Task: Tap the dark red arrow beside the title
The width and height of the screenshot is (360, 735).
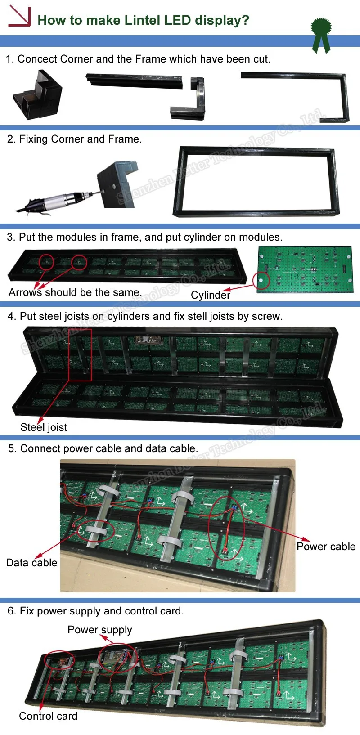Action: pos(19,17)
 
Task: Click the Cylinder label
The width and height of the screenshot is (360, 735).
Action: pos(210,295)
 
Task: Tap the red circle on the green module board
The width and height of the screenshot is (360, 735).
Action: pos(261,281)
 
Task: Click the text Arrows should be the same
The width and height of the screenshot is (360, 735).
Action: pos(75,292)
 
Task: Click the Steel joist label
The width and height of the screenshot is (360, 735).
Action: pos(44,427)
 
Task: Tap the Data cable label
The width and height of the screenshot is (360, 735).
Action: pos(31,563)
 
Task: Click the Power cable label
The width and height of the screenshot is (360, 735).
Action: pos(326,547)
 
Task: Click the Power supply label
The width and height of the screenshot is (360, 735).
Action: pos(100,630)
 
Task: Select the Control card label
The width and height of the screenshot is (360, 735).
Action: pos(48,716)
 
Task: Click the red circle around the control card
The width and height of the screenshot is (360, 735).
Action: pos(59,660)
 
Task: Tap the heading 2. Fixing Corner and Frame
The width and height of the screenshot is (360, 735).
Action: pos(74,139)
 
